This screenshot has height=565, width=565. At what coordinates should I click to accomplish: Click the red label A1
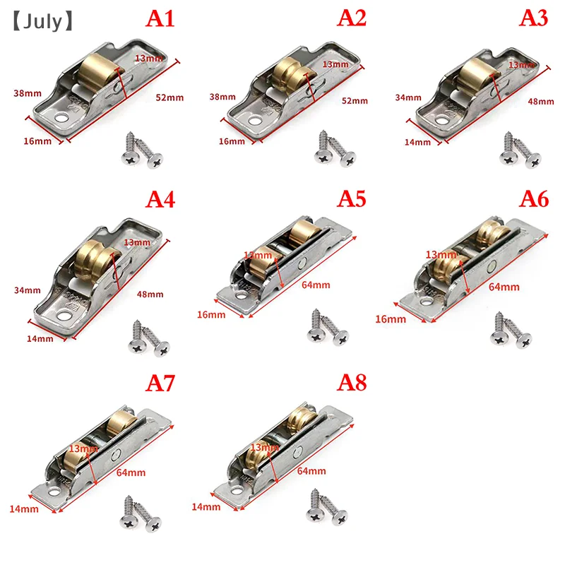point(160,18)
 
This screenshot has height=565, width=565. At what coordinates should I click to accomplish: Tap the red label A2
point(352,18)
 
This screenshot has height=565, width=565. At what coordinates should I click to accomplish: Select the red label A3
point(534,18)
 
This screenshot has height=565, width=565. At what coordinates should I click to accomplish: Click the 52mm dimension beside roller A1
point(169,97)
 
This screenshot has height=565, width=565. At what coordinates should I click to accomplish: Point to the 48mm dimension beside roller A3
point(541,101)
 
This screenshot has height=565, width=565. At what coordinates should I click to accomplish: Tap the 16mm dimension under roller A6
point(391,319)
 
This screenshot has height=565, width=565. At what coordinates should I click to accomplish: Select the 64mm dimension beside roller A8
point(311,471)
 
